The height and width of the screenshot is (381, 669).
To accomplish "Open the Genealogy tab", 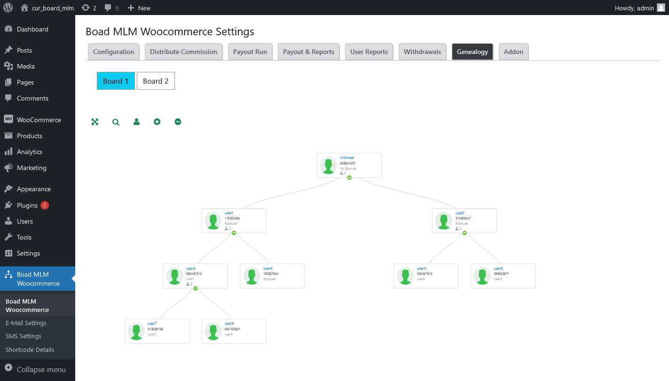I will [472, 52].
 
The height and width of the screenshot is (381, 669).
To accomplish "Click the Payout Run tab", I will [250, 52].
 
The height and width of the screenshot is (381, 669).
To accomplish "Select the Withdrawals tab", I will [422, 52].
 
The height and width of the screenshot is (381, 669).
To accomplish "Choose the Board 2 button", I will [156, 81].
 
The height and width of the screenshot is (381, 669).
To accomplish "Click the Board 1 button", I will [116, 81].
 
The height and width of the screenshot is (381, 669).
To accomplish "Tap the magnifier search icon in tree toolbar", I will [116, 122].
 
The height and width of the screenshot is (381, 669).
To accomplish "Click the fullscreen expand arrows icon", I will [95, 122].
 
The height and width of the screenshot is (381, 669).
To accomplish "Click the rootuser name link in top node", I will [347, 158].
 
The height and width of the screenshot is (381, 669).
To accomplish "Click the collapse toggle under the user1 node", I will [234, 233].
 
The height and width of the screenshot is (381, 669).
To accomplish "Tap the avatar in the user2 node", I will [444, 221].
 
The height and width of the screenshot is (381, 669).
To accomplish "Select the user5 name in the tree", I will [421, 269].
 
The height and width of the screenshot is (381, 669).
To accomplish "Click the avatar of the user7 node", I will [136, 332].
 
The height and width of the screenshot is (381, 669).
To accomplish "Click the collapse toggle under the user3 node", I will [195, 288].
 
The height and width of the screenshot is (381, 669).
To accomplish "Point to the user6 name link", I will [498, 269].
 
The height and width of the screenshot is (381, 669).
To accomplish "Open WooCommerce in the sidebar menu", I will [39, 120].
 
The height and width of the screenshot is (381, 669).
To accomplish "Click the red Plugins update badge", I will [44, 205].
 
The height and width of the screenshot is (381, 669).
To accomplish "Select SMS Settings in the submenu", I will [24, 336].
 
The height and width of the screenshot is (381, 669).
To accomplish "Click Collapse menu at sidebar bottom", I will [41, 370].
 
